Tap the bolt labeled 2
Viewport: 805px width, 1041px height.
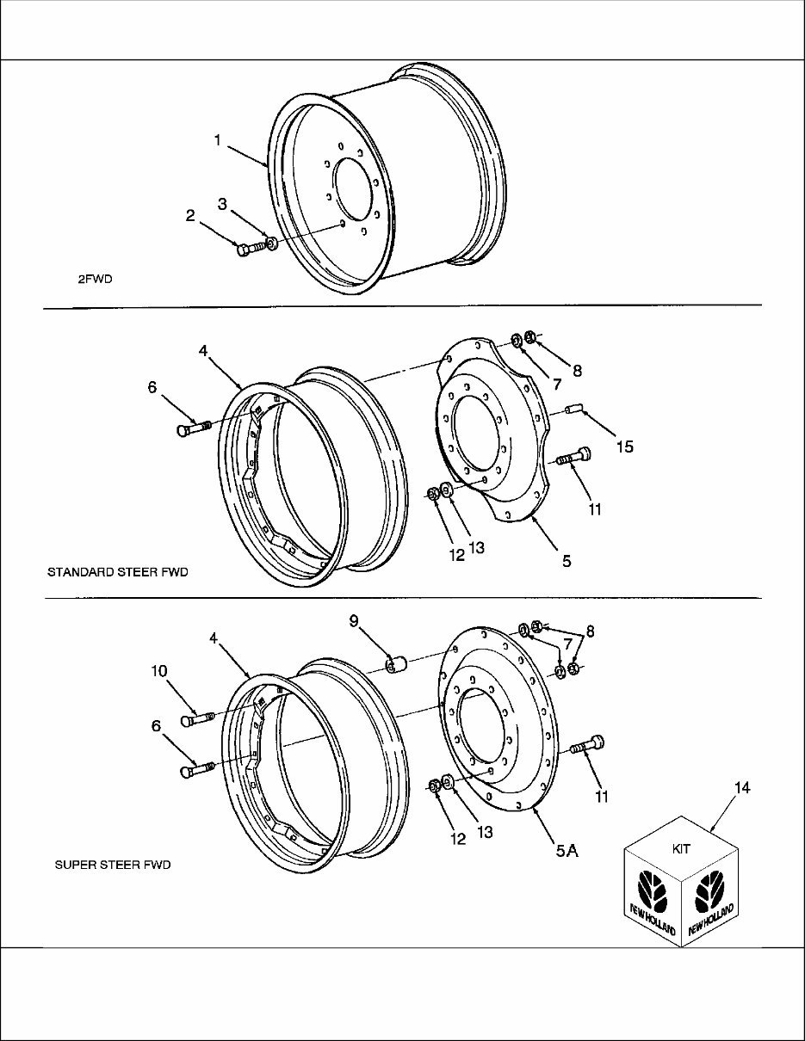pos(247,249)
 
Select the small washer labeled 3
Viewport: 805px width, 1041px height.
pos(271,244)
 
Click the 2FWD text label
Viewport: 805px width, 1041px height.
pos(95,279)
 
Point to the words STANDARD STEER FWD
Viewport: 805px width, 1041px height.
pos(117,571)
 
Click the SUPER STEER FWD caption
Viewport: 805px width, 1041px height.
pos(113,865)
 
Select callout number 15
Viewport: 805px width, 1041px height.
pos(624,447)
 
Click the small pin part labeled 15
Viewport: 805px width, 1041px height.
pos(575,410)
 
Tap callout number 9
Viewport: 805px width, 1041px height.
pos(353,620)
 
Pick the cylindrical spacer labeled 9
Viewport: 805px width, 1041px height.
pos(396,665)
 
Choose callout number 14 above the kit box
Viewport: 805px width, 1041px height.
pos(741,787)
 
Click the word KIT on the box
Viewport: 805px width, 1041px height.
pos(681,848)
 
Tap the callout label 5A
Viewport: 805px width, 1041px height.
pos(567,851)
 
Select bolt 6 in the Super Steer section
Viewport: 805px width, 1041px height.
pos(195,768)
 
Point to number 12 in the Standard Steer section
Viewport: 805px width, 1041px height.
pos(456,555)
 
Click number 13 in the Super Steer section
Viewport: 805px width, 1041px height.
pos(485,833)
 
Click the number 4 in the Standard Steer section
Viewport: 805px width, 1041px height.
pos(203,351)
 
